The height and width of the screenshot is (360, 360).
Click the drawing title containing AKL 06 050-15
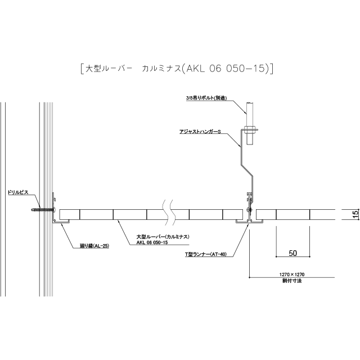[177, 69]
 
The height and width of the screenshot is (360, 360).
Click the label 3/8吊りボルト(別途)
[206, 98]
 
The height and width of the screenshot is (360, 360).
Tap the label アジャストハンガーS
[200, 132]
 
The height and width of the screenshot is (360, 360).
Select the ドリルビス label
[18, 192]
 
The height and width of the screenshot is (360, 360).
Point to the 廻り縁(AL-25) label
[94, 246]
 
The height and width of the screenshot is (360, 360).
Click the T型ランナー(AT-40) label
[206, 254]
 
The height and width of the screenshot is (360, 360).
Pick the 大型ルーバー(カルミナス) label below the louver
[163, 237]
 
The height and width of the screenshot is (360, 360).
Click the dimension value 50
[292, 253]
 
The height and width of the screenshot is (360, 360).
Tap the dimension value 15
[355, 214]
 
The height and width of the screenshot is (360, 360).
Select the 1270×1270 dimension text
[292, 274]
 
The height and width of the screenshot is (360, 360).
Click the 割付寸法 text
[292, 281]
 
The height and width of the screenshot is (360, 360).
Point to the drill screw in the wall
[43, 209]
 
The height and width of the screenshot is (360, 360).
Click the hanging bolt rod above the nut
[250, 114]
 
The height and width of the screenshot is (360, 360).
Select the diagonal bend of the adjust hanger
[246, 170]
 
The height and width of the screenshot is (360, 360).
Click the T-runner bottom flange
[249, 222]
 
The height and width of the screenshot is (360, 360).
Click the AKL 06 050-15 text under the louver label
[152, 242]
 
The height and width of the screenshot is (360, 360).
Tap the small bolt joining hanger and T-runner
[249, 209]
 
